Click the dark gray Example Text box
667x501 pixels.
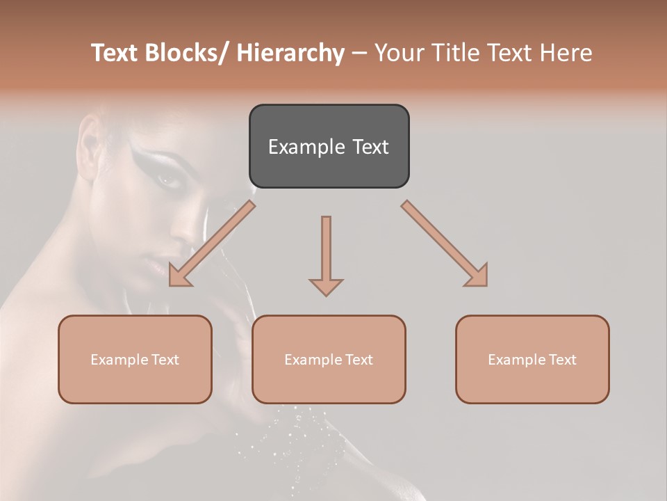tap(329, 146)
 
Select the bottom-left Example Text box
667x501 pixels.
tap(135, 359)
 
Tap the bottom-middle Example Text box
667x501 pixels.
tap(329, 359)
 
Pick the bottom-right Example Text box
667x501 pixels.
tap(532, 359)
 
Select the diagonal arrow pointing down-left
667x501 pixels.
tap(211, 244)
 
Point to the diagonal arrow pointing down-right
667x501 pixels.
tap(445, 244)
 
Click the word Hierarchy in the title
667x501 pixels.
tap(290, 53)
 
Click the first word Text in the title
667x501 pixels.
tap(115, 53)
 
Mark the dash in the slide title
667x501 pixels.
tap(359, 54)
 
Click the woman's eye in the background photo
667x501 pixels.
tap(169, 180)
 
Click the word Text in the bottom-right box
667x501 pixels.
tap(563, 359)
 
